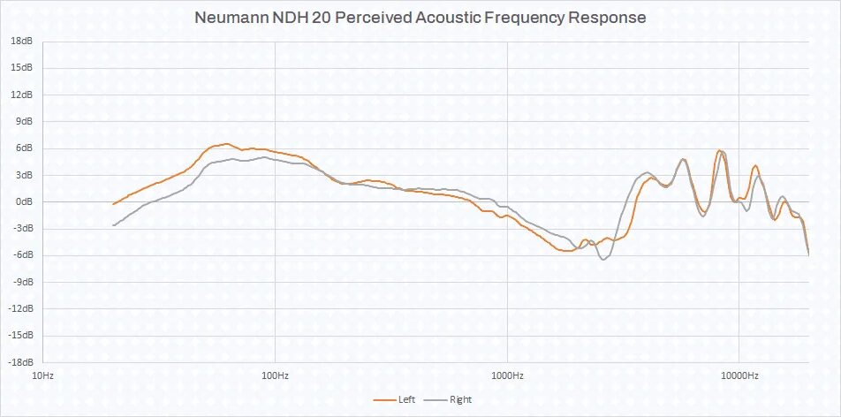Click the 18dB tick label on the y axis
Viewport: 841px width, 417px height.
coord(23,41)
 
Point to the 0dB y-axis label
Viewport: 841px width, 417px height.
coord(25,201)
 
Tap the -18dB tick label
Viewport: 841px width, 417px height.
coord(21,362)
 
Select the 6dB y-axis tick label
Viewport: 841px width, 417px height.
coord(25,148)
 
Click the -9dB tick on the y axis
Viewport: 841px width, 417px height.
coord(23,282)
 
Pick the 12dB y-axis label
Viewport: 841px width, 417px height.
coord(23,95)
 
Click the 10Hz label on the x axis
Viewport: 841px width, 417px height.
coord(42,376)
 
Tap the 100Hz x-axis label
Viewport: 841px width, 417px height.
coord(275,376)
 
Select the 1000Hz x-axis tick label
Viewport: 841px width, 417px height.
coord(507,376)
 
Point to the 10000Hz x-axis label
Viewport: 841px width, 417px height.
coord(739,376)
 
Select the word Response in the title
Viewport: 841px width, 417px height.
coord(609,18)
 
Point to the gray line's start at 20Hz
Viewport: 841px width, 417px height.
coord(113,225)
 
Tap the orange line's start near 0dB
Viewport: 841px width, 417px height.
coord(113,204)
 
